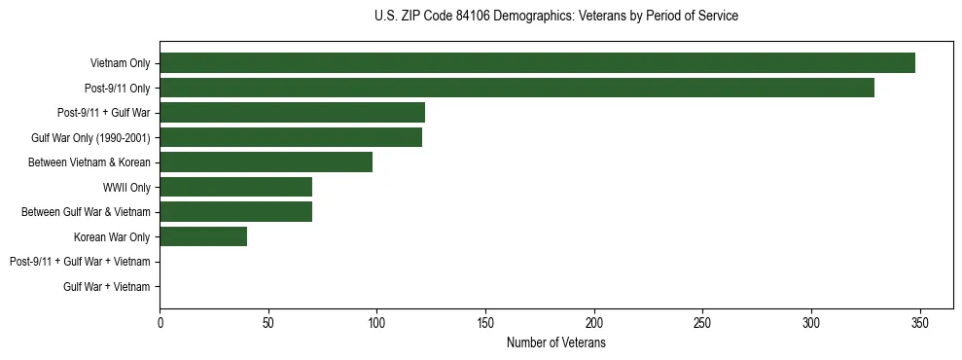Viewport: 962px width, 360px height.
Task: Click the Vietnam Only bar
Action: point(537,63)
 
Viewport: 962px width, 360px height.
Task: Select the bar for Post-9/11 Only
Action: point(517,89)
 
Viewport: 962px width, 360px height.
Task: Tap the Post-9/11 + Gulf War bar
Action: point(292,113)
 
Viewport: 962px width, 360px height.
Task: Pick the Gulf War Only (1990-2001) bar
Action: point(291,138)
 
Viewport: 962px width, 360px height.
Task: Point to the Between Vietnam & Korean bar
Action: point(266,162)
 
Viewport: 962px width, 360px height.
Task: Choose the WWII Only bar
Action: point(235,187)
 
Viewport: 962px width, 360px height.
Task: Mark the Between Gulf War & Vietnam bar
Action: point(235,212)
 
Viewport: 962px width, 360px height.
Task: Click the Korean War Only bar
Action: point(203,236)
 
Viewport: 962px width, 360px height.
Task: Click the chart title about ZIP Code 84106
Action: point(555,17)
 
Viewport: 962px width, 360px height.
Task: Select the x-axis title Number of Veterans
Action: point(555,343)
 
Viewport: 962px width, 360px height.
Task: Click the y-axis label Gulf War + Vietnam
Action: point(107,286)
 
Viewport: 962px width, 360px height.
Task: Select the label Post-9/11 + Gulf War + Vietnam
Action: point(80,262)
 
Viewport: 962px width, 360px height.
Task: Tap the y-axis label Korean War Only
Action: point(112,236)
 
